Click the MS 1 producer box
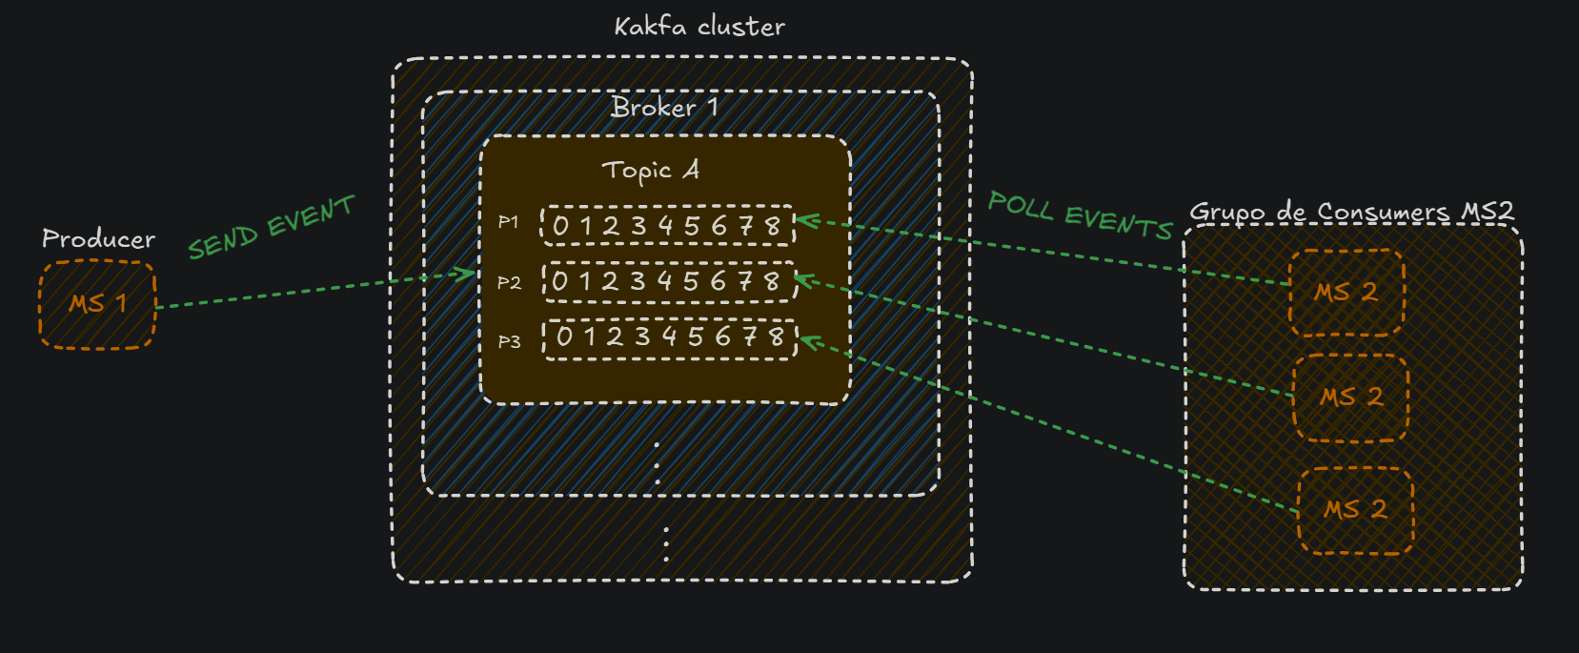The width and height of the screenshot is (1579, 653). (97, 305)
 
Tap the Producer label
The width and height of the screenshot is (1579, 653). (99, 239)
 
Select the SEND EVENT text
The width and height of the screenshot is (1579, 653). (272, 227)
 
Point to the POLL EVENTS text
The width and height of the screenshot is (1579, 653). (1080, 215)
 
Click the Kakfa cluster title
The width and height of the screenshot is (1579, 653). (699, 27)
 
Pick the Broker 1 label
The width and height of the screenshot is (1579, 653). (665, 107)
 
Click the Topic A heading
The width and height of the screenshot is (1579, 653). (651, 171)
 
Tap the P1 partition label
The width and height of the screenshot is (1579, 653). (508, 222)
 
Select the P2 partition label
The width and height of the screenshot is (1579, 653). (509, 283)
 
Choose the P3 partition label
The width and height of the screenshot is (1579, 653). (509, 342)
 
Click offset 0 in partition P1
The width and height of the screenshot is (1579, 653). (560, 226)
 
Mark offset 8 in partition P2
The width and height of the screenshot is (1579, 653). (772, 281)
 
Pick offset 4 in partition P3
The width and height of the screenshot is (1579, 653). (669, 337)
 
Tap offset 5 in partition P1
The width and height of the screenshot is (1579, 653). (692, 226)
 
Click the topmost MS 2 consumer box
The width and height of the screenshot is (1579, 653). (1347, 293)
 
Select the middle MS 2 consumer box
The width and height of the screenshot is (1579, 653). (1350, 398)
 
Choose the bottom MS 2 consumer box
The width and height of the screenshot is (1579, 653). (1356, 511)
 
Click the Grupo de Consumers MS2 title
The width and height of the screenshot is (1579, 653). (1351, 212)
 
